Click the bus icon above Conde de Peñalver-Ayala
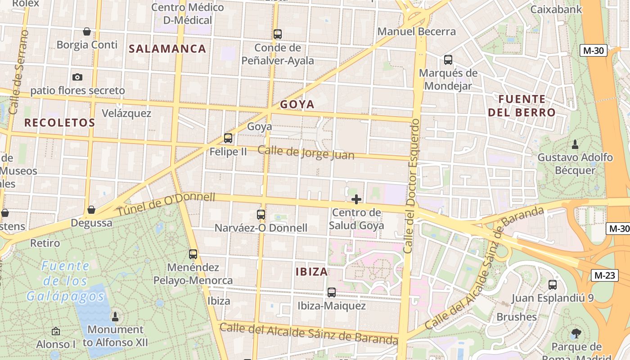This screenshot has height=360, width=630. point(278,34)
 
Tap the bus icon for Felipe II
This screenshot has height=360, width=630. point(228,138)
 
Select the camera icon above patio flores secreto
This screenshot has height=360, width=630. point(77,77)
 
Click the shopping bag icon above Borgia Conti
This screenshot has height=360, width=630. point(87,31)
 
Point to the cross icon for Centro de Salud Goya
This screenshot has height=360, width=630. point(356,199)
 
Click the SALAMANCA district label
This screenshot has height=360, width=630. point(167,49)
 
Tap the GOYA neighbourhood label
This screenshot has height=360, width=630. point(297,104)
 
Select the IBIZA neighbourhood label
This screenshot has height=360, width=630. point(312,272)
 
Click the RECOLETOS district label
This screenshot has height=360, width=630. point(59,122)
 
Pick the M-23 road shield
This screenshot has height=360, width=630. point(603,275)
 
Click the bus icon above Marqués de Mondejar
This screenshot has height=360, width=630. point(448,59)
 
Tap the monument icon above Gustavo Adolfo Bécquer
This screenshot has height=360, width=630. point(575,144)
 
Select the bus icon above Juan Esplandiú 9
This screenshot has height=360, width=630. point(553,284)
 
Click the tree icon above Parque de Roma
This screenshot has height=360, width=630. point(576,333)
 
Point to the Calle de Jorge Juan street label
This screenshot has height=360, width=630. point(306,153)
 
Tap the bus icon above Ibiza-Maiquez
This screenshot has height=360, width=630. point(332,292)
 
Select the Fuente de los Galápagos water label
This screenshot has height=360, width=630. point(65,281)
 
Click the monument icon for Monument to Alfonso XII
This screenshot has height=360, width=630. point(115,316)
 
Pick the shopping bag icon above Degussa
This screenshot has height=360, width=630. point(91,210)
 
